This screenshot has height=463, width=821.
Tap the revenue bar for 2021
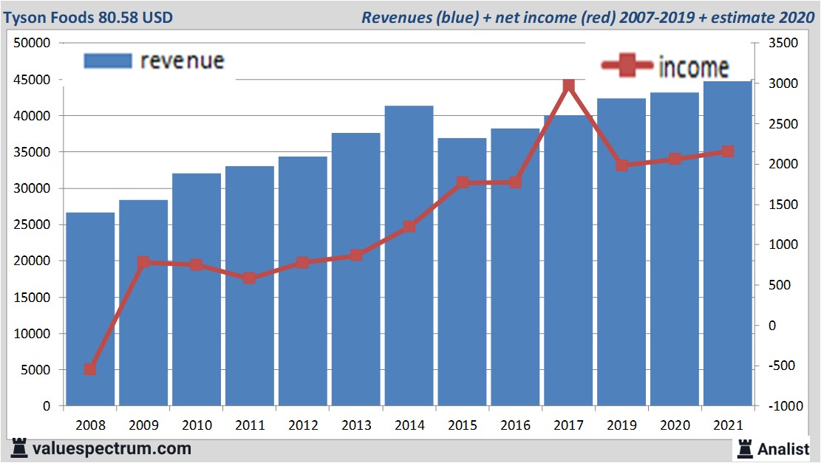[727, 244]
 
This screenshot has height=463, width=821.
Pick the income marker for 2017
[568, 86]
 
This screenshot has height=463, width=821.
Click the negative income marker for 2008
[90, 368]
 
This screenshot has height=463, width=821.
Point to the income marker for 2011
[250, 278]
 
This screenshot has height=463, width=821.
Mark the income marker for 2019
[622, 165]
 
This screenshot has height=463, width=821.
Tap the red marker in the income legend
[627, 66]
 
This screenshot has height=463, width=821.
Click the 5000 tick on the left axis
[34, 370]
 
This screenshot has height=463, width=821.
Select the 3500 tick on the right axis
[783, 44]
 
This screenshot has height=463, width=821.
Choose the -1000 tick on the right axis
[782, 406]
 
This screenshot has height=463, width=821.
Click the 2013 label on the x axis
[356, 425]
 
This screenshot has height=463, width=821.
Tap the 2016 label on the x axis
[516, 425]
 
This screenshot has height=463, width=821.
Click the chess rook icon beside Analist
[744, 447]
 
